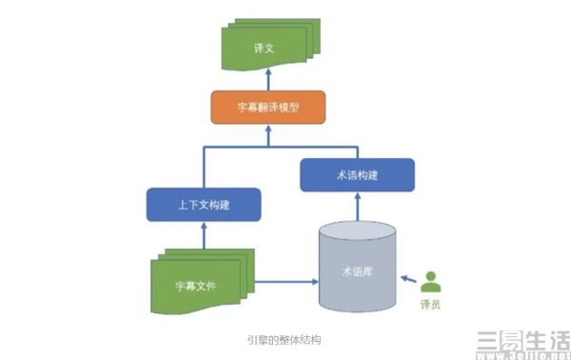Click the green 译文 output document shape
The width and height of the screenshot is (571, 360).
coord(266,48)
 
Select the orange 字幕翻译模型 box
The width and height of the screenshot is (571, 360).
coord(266,108)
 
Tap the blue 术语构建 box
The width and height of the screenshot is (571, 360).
coord(357,175)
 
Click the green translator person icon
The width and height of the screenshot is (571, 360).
coord(432,282)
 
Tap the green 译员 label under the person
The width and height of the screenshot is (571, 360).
coord(432,305)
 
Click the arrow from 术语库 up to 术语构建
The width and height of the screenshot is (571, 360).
coord(359,207)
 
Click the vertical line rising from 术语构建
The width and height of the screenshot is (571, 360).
coord(358,152)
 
